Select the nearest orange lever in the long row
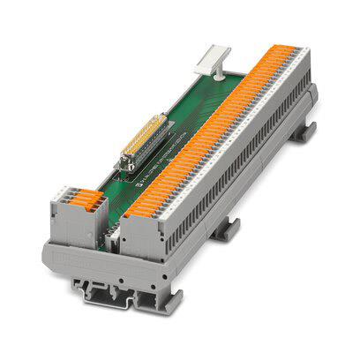pos(132,211)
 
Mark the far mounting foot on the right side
pos(305,132)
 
